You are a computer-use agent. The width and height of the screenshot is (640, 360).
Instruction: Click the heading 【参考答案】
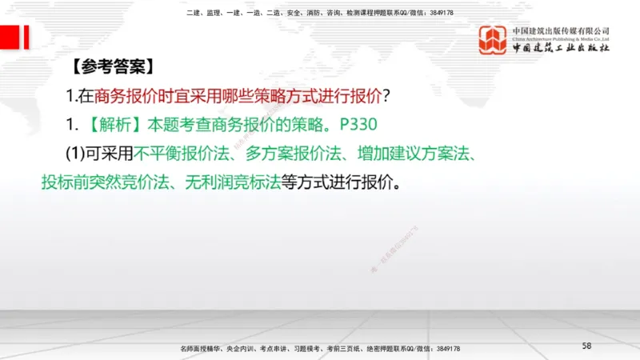coord(109,66)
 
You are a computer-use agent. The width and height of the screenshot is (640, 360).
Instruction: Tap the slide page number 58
coord(586,346)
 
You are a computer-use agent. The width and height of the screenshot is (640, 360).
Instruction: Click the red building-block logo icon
coord(494,41)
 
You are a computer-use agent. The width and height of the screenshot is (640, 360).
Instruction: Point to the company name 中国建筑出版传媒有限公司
coord(561,30)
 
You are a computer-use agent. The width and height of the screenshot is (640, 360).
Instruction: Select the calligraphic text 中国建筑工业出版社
coord(561,50)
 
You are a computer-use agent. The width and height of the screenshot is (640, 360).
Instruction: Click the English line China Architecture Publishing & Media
coord(561,38)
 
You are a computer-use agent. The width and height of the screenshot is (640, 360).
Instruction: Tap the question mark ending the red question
coord(386,97)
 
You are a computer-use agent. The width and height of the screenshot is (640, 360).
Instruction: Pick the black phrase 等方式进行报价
coord(335,182)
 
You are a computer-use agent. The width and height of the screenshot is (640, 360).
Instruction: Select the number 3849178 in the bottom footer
coord(442,350)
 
